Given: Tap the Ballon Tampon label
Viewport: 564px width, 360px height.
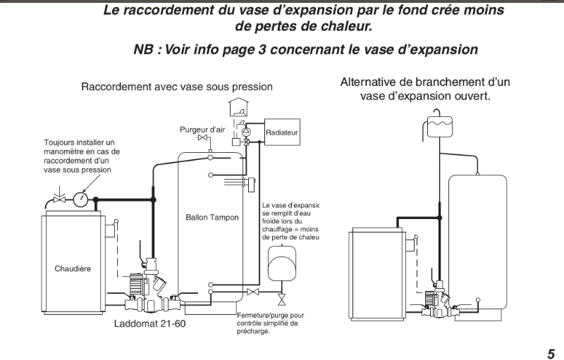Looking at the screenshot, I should point(211,218).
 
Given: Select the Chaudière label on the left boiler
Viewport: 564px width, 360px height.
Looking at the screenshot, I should point(73,268).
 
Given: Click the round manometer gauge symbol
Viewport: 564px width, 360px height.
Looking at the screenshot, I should point(82,199).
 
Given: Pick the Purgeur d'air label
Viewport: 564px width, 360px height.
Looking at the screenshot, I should point(202,130).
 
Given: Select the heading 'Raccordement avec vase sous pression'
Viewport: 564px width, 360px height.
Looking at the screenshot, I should point(176,87).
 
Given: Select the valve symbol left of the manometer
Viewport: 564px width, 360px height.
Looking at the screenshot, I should point(60,199).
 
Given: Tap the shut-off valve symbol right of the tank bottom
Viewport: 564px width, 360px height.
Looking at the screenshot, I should point(252,292).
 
